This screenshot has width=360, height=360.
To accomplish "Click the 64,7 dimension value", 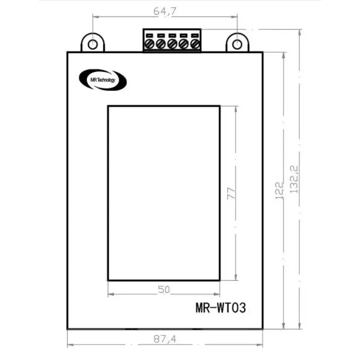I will tap(165, 12).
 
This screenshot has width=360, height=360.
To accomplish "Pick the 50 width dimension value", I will tap(164, 290).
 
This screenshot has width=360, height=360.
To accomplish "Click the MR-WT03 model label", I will tap(221, 309).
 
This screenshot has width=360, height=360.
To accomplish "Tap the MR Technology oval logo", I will tap(103, 80).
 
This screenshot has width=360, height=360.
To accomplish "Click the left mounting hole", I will tap(92, 44).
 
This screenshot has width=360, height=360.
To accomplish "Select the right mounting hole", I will tap(237, 44).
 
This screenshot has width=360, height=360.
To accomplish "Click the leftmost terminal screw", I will tap(149, 44).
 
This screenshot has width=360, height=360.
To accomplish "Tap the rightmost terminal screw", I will tap(195, 44).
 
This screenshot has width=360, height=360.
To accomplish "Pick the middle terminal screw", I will tap(172, 44).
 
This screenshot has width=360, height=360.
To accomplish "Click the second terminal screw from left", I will tap(161, 44).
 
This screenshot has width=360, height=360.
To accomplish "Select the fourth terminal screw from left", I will tap(184, 44).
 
